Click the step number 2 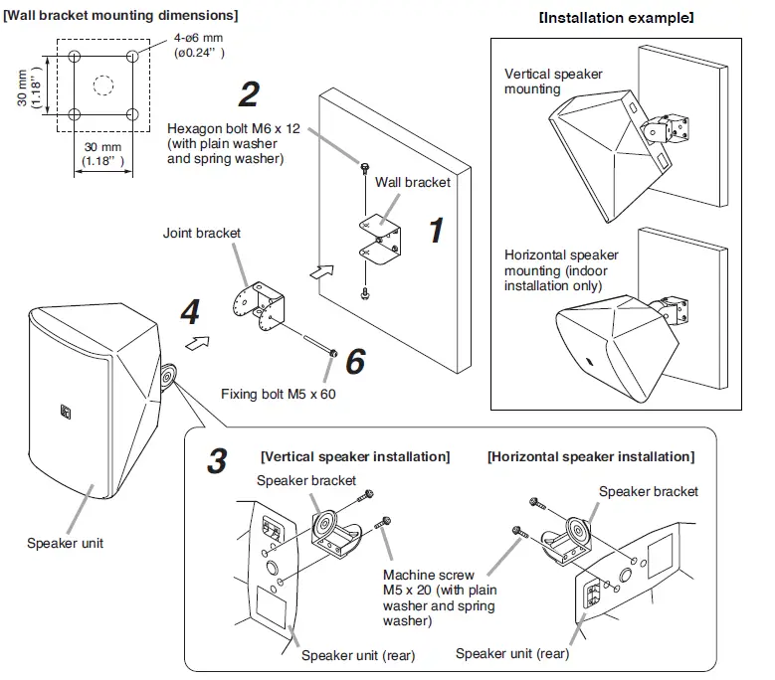tap(249, 94)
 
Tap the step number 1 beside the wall tap(435, 230)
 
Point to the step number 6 tap(355, 362)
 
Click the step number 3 tap(217, 461)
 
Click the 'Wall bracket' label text tap(412, 182)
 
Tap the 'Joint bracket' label tap(202, 234)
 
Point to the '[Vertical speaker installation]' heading tap(354, 456)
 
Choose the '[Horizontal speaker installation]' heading tap(590, 456)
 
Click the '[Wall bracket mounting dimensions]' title tap(120, 16)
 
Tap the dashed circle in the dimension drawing tap(102, 85)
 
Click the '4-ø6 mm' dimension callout tap(188, 40)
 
